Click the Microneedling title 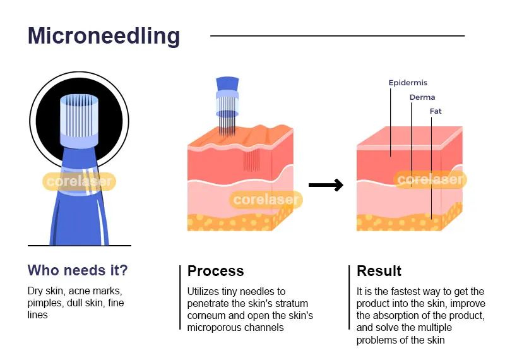tap(104, 36)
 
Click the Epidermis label tap(408, 83)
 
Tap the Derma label tap(422, 97)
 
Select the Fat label tap(436, 111)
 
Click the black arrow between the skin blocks tap(326, 185)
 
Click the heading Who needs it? tap(78, 270)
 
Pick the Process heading tap(215, 271)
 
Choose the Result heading tap(379, 271)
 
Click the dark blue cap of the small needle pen tap(227, 83)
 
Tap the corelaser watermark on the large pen tap(80, 181)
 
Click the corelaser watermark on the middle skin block tap(266, 200)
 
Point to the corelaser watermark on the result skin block tap(430, 179)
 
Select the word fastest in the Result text tap(407, 291)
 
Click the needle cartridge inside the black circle tap(80, 121)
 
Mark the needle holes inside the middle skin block tap(251, 160)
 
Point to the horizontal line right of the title tap(338, 36)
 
